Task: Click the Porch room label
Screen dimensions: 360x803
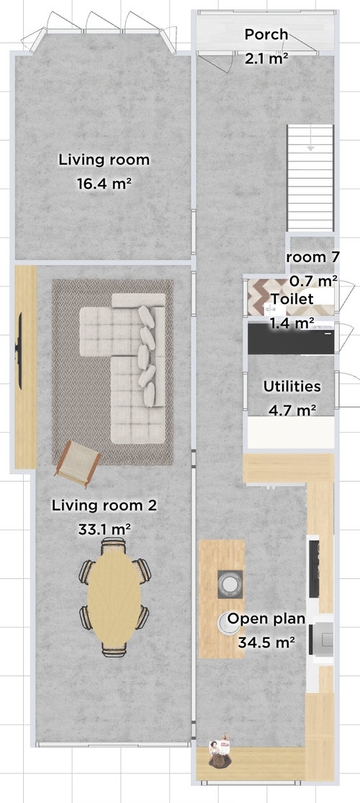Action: pos(266,35)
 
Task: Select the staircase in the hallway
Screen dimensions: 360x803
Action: pos(310,178)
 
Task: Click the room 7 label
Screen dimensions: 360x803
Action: pos(312,257)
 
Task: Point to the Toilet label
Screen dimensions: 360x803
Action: pos(292,299)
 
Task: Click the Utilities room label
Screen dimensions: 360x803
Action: pos(292,386)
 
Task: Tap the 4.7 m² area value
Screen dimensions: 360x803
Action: pos(292,410)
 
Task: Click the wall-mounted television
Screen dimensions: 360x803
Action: pos(19,349)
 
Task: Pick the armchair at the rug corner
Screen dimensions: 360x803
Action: pos(78,462)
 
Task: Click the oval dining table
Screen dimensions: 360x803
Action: pos(114,596)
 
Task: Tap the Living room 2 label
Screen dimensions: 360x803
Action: pos(104,506)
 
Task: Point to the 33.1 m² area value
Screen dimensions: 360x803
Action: pos(104,529)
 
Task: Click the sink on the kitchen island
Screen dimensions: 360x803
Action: pos(230,584)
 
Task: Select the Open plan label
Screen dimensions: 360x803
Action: pos(266,619)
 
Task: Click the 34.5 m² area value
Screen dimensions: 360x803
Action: pos(266,642)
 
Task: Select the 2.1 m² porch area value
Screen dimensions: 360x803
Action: pos(266,58)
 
